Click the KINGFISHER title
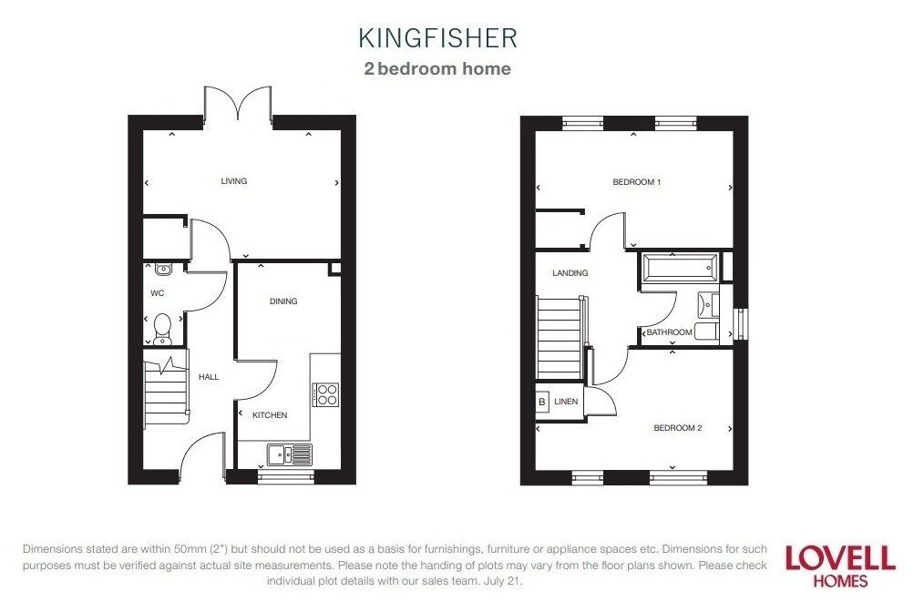pos(437,37)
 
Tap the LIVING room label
pos(234,181)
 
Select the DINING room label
pos(283,301)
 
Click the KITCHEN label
pos(270,415)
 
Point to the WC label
pos(157,294)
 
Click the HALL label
pos(209,377)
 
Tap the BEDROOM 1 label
pos(636,182)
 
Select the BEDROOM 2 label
pos(677,428)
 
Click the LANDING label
pos(570,273)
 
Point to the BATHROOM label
pos(670,333)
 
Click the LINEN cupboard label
pos(566,401)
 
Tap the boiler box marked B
pos(542,401)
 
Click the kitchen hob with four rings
pos(325,393)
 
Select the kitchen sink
pos(290,453)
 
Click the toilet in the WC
pos(162,326)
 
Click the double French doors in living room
pos(238,103)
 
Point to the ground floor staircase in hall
pos(165,390)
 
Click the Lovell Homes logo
pos(840,565)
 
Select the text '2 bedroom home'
pos(437,69)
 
